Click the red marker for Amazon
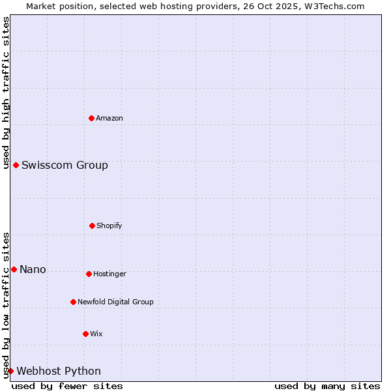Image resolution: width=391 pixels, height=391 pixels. (x=91, y=118)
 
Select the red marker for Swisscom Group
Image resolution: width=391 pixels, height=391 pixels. (x=16, y=165)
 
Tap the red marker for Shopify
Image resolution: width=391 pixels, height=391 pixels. (x=92, y=225)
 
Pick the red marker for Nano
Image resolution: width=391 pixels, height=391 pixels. (x=14, y=269)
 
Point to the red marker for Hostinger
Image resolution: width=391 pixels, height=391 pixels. (x=89, y=274)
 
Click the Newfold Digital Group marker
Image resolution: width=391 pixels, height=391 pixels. (x=73, y=302)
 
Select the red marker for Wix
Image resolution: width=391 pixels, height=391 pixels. (x=85, y=334)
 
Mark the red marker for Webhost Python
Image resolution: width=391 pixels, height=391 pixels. (x=10, y=371)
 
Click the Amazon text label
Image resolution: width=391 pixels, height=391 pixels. (x=109, y=118)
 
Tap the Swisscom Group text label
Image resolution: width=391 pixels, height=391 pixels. (x=65, y=165)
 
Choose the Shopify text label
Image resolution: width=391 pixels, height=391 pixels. (x=109, y=225)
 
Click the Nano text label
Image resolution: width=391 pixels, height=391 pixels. (x=33, y=269)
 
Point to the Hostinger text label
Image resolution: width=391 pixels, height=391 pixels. (x=109, y=274)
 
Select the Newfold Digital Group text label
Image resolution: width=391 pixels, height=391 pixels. (x=115, y=302)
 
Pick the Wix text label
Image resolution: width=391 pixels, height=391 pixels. (x=96, y=334)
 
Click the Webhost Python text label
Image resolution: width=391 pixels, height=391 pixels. (x=59, y=371)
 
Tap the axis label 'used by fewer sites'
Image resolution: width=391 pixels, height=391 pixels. (x=67, y=386)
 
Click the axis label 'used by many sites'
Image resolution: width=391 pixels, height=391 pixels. (x=327, y=386)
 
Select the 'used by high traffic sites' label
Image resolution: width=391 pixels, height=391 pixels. (x=6, y=93)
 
